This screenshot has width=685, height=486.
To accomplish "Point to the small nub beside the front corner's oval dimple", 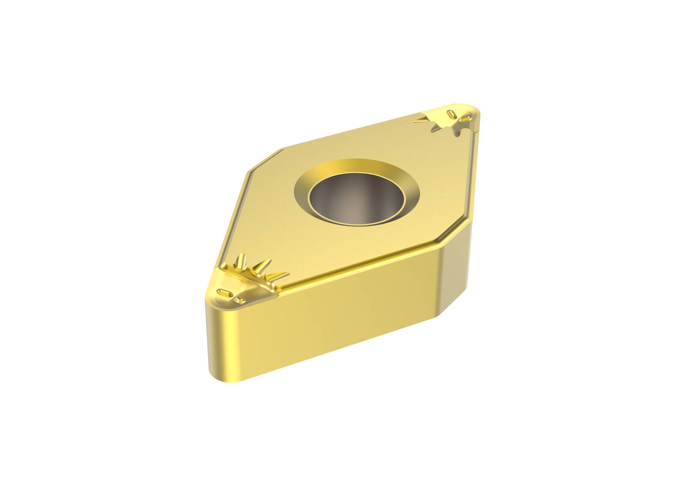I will (x=238, y=301).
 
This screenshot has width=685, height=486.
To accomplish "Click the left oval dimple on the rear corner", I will (x=451, y=113).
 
